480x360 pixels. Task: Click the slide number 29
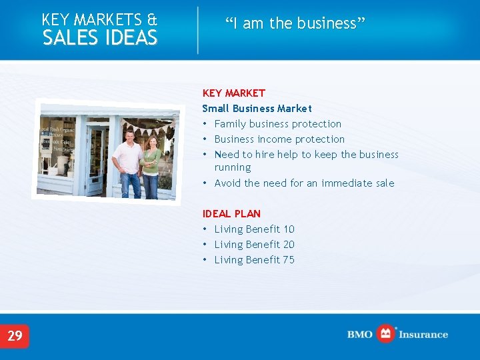[15, 335]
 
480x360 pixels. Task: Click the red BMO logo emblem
[385, 333]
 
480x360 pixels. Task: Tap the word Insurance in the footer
[423, 335]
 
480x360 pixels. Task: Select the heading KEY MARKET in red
[233, 93]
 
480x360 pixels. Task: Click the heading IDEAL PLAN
[231, 214]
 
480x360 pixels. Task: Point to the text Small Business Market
[257, 109]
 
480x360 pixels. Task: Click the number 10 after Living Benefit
[289, 229]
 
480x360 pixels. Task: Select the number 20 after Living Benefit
[289, 245]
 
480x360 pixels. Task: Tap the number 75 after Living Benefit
[289, 260]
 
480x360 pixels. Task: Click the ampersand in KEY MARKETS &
[151, 20]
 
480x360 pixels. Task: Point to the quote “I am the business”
[295, 23]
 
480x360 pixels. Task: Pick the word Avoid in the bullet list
[228, 183]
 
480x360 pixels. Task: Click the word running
[233, 168]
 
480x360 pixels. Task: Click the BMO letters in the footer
[359, 335]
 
